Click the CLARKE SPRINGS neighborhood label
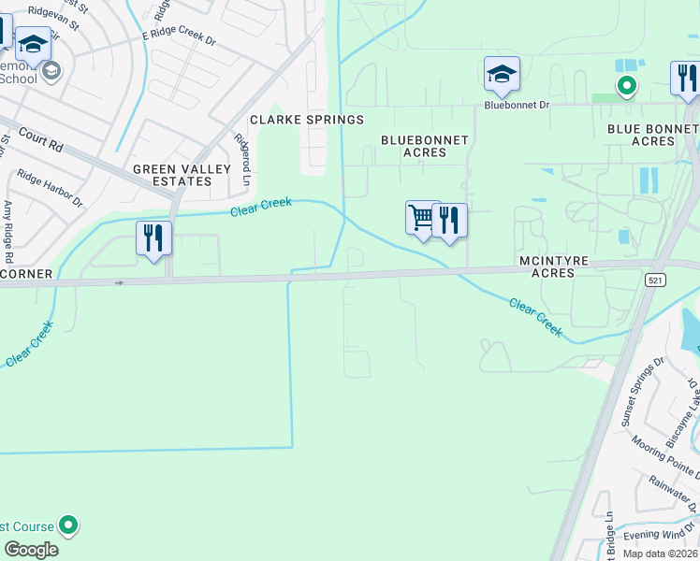click(306, 120)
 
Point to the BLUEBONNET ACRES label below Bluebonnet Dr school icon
click(425, 146)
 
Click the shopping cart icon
click(422, 218)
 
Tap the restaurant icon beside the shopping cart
click(450, 221)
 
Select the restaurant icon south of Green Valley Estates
click(153, 237)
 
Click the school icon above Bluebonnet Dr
click(502, 74)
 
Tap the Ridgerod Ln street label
click(243, 160)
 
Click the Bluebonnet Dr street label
click(517, 106)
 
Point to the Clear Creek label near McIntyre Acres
click(536, 316)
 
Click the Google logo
click(32, 550)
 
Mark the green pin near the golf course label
click(68, 525)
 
